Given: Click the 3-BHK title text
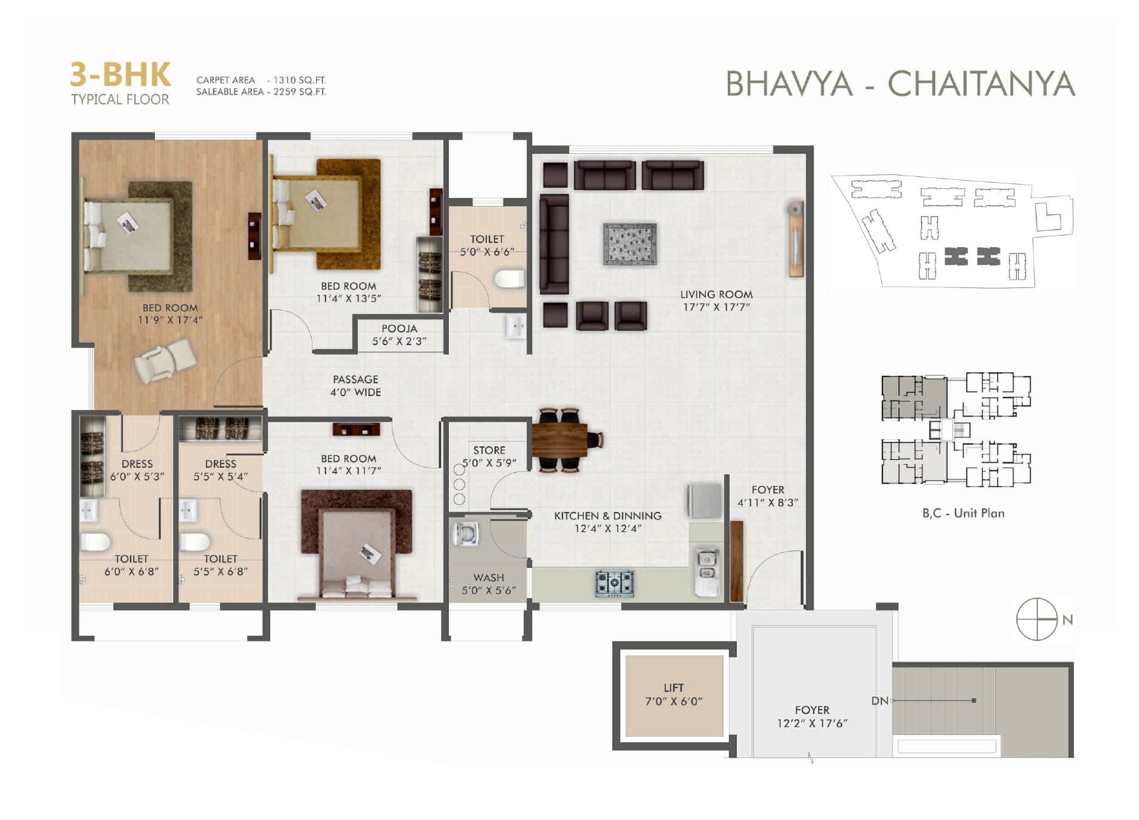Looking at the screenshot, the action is tap(120, 75).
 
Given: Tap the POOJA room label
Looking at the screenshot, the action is tap(399, 329).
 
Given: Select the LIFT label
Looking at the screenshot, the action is tap(674, 688).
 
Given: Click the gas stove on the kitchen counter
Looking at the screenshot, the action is tap(614, 583).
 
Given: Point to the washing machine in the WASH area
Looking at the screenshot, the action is tap(465, 534).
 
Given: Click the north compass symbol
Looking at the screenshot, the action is tap(1037, 619).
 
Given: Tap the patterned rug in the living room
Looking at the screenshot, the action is tap(630, 244).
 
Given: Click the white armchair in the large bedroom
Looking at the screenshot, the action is tap(165, 360).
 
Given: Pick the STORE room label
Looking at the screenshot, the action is tap(489, 450).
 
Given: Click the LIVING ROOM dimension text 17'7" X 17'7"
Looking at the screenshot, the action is tap(716, 307).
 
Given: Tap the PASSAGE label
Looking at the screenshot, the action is tap(355, 379).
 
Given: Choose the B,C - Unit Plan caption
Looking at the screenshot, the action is tap(963, 513).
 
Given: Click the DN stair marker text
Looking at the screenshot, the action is tap(880, 701).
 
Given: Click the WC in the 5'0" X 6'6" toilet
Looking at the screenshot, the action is tap(509, 279).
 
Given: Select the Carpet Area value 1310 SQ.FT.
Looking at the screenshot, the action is tap(299, 80).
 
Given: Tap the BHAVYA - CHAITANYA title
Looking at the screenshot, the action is tap(901, 84).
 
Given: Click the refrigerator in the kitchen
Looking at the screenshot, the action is tap(704, 501).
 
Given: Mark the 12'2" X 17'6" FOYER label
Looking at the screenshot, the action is tap(812, 717).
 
